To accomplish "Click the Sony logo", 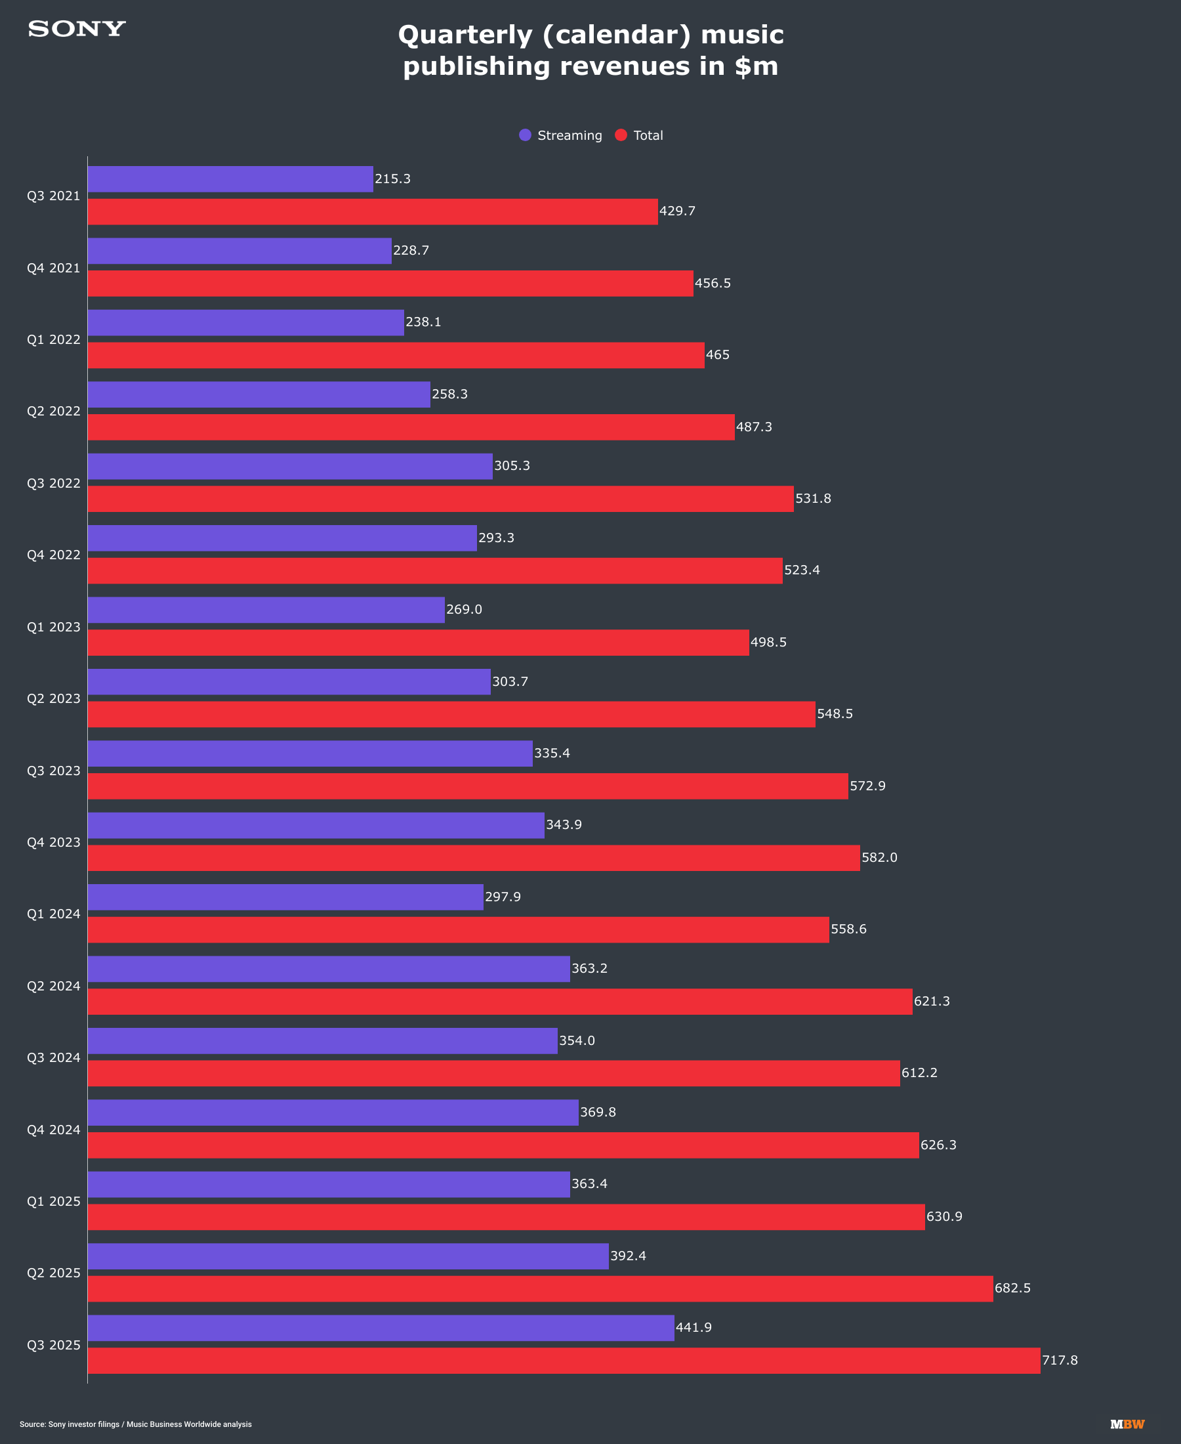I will (77, 30).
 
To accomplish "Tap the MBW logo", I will (1127, 1424).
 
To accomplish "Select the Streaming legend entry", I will (560, 135).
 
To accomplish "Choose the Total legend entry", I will (639, 135).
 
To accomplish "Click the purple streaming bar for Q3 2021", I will (230, 179).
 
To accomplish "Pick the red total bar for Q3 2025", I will (564, 1360).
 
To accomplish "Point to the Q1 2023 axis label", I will (54, 627).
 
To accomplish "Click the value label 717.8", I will (1060, 1360).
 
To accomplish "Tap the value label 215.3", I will (392, 179).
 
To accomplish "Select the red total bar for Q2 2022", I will (411, 427).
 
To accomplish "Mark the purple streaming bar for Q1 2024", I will (285, 897).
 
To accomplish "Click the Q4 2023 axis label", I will (54, 843).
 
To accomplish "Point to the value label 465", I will (718, 355).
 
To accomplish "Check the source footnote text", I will (135, 1424).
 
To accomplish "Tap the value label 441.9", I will (694, 1328).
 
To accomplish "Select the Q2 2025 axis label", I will (54, 1273).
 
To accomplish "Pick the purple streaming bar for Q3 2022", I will (290, 466).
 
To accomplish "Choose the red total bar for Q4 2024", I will (503, 1145).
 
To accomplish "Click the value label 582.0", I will (880, 858).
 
